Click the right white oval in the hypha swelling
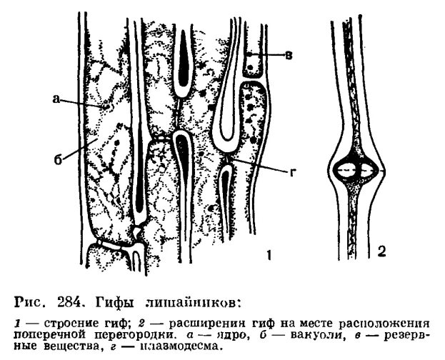click(x=369, y=171)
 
